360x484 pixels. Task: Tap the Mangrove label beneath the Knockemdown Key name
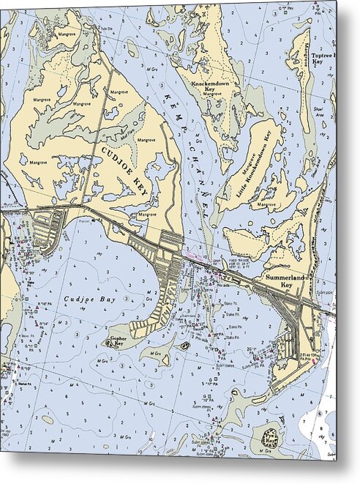pos(212,94)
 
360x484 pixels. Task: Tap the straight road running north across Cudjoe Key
pos(98,132)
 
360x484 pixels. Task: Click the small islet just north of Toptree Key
pos(301,24)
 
